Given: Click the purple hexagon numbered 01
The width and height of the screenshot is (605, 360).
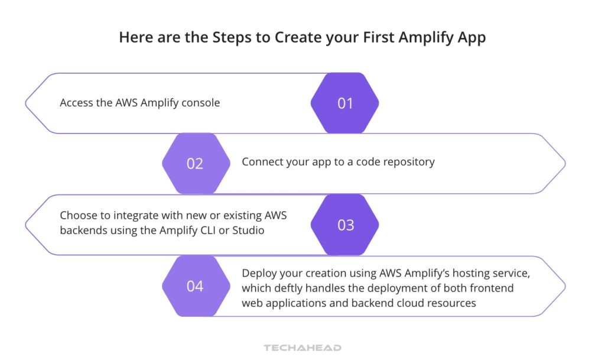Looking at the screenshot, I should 344,103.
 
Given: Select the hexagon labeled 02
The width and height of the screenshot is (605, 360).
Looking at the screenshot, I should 195,164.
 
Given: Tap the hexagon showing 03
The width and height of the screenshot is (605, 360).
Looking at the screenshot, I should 344,225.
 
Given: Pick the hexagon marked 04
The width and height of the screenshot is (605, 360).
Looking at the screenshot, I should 195,287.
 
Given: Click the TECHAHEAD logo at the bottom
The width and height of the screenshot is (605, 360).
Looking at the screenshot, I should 302,348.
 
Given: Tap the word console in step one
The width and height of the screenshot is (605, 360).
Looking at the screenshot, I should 200,103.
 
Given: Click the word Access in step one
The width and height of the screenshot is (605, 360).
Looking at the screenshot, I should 76,103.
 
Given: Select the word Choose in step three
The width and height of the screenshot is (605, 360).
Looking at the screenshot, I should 78,216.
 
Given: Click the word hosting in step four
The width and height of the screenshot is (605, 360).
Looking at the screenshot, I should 448,274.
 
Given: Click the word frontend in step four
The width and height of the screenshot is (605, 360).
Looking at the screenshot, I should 490,288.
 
